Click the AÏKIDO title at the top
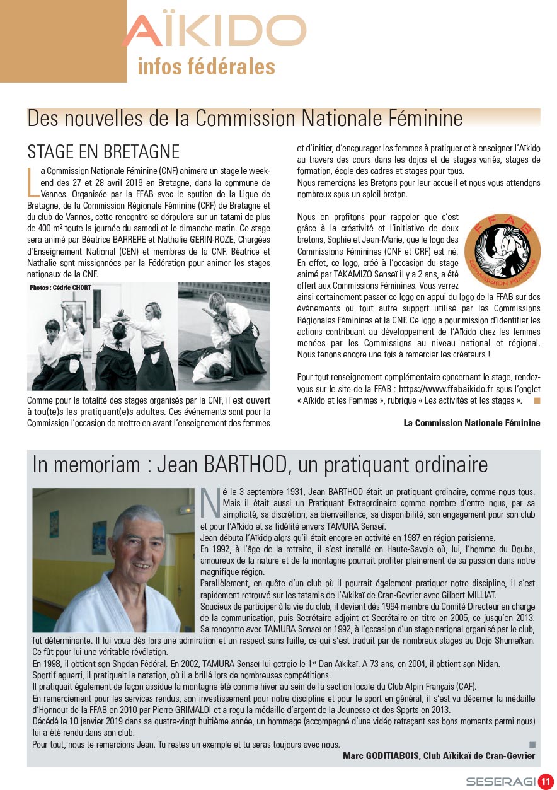point(214,32)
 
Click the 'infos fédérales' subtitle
point(206,66)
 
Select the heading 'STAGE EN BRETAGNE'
point(103,152)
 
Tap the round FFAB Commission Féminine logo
point(502,250)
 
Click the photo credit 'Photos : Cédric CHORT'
point(60,288)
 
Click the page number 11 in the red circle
point(544,782)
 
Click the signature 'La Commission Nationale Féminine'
point(471,423)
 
